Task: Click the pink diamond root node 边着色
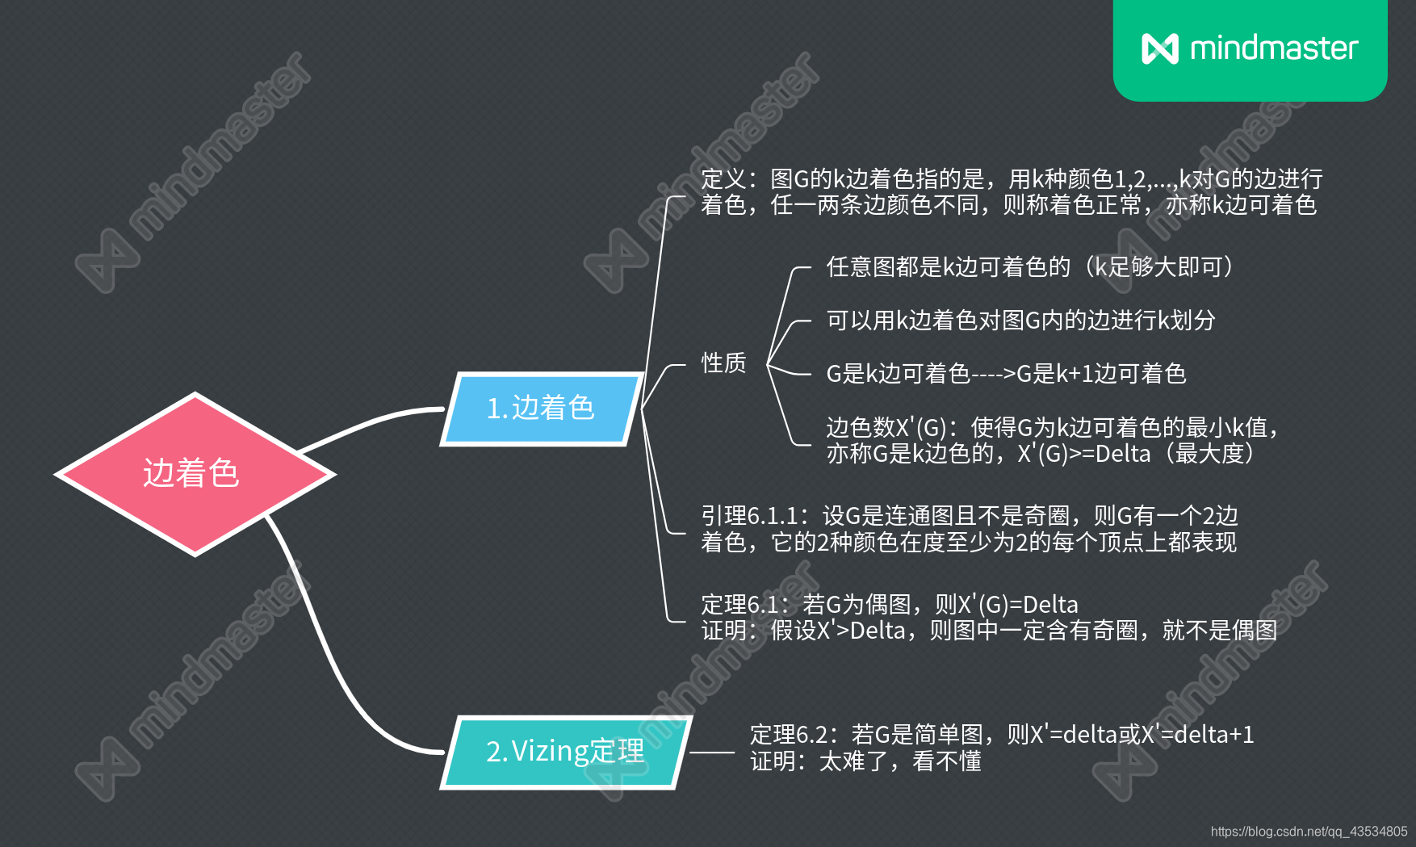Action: pos(194,474)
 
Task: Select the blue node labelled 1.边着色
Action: pos(541,409)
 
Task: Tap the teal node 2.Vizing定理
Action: pos(565,752)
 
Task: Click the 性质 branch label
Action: pos(723,363)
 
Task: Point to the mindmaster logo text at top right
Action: pos(1274,48)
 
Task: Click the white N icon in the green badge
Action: pos(1160,48)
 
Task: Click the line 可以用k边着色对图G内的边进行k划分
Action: pos(1020,321)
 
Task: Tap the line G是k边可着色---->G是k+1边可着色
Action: pos(1006,374)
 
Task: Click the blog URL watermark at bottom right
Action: pos(1309,832)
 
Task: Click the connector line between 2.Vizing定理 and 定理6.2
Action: pos(712,753)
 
